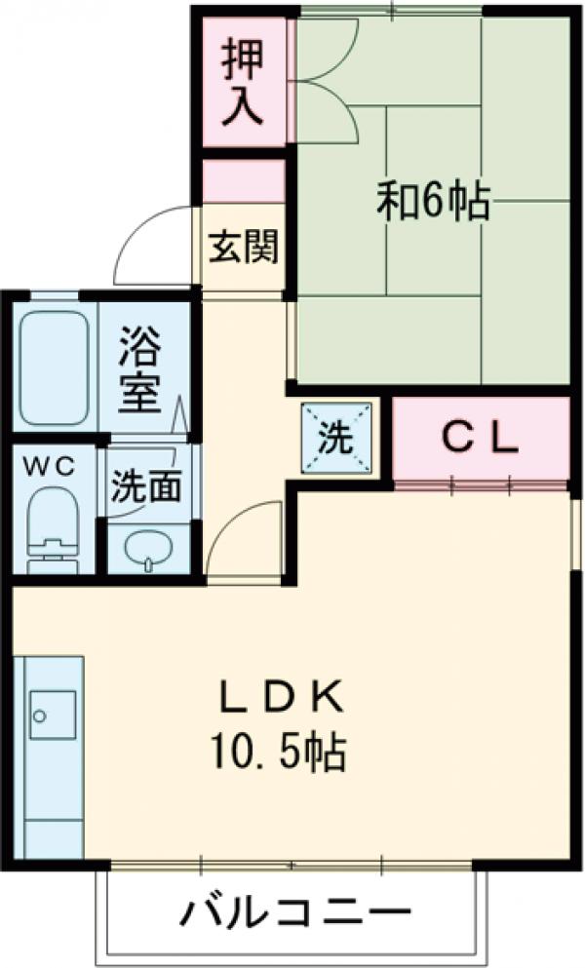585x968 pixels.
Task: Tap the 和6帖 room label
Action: (x=433, y=202)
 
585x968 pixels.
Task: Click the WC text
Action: (x=48, y=466)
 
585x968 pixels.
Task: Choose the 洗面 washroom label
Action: (x=143, y=487)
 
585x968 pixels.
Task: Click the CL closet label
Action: (x=480, y=440)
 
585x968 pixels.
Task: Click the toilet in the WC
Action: (x=52, y=526)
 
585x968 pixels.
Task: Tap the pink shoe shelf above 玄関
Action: (x=243, y=181)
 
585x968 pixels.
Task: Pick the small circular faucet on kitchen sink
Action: (x=39, y=716)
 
